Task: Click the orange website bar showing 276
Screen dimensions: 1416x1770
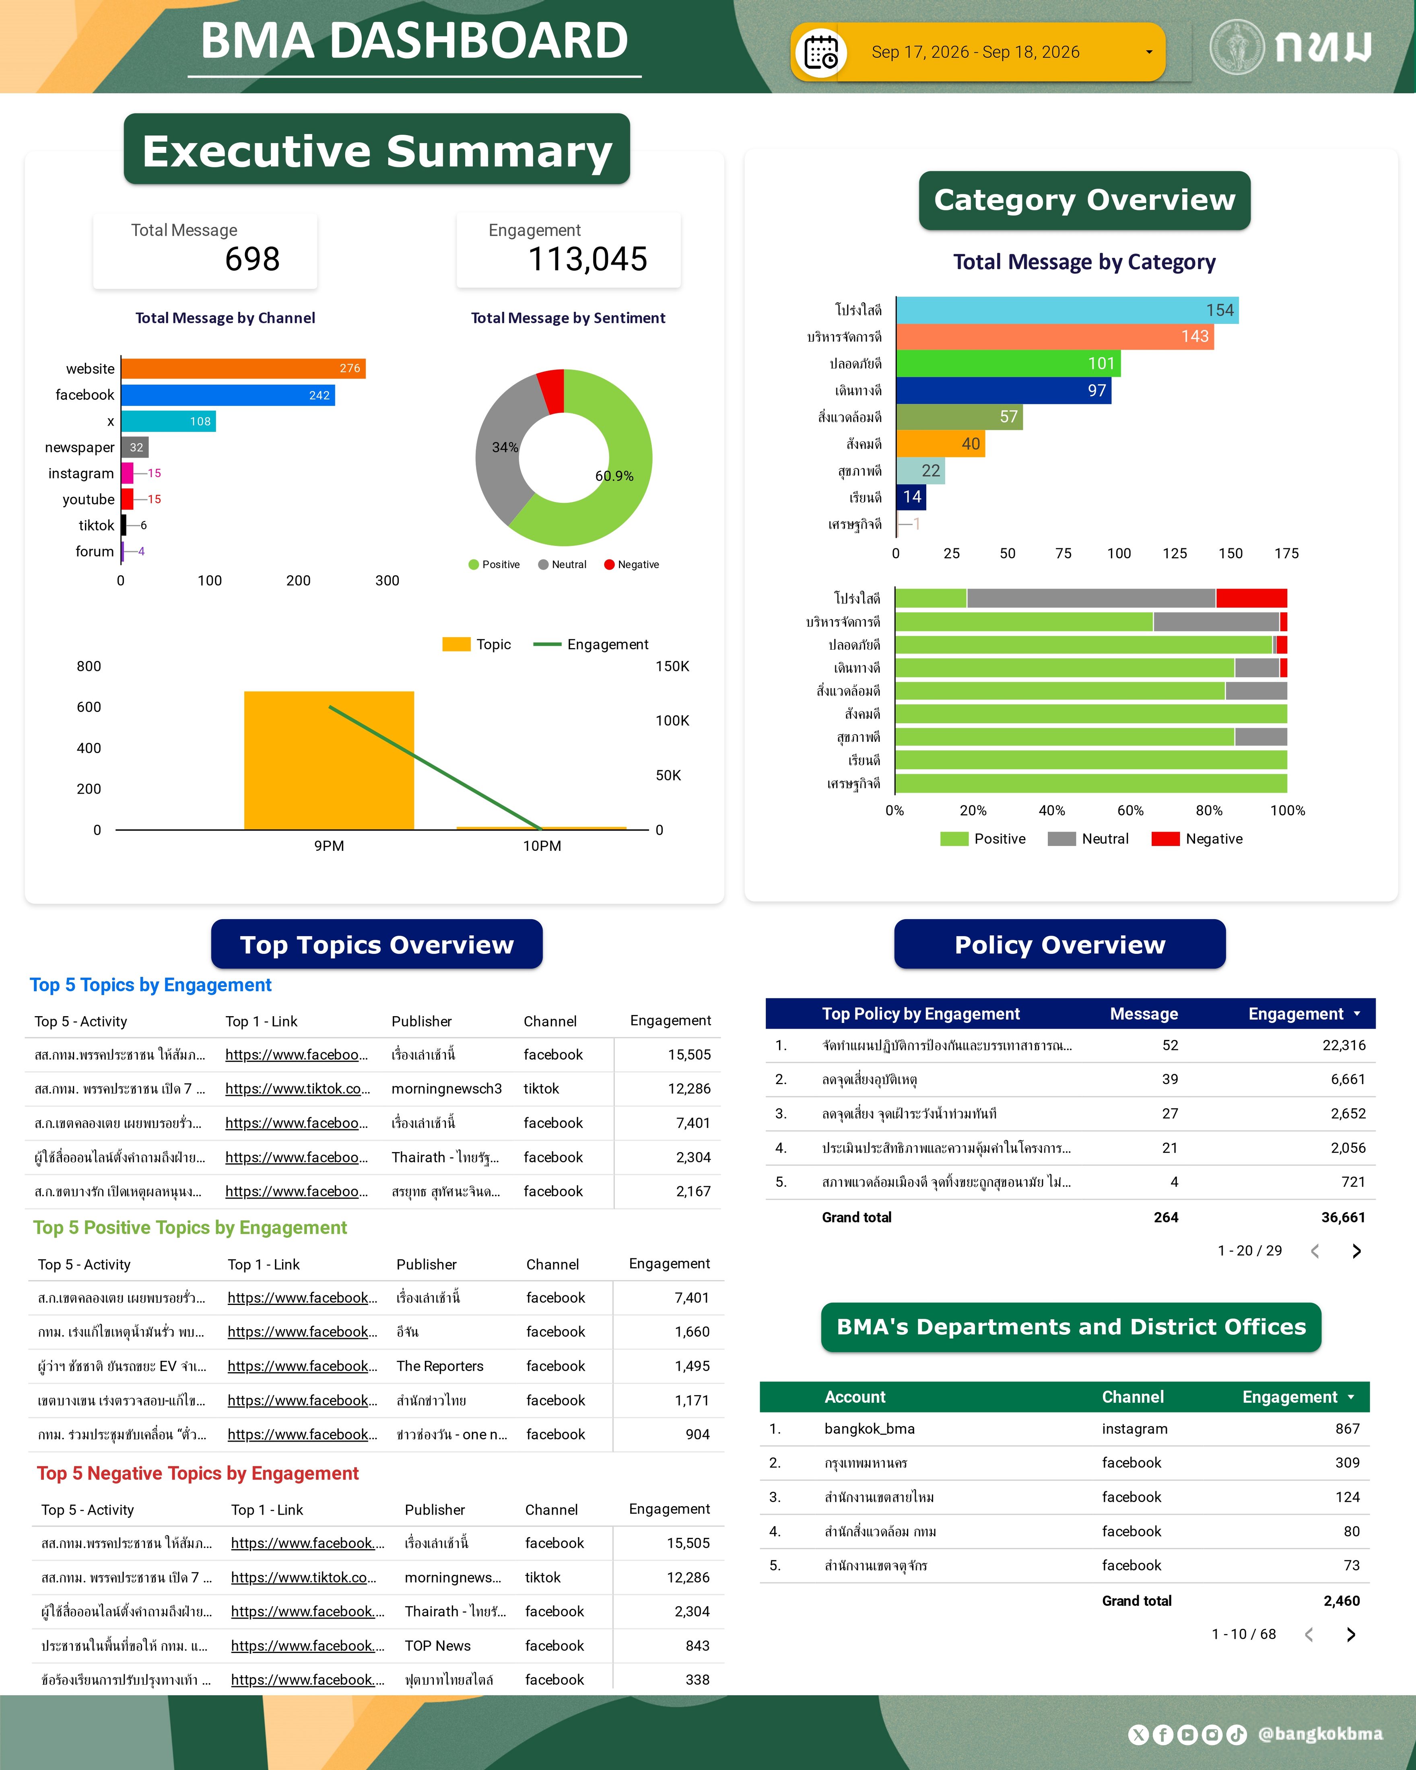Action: pos(243,368)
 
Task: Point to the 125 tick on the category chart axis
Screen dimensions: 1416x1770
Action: pos(1175,554)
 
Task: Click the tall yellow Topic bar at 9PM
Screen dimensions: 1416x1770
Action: pos(328,760)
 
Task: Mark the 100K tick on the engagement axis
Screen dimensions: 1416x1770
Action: pos(672,721)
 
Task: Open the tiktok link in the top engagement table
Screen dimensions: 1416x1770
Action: pos(297,1089)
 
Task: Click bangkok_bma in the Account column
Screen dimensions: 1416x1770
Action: pos(869,1428)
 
